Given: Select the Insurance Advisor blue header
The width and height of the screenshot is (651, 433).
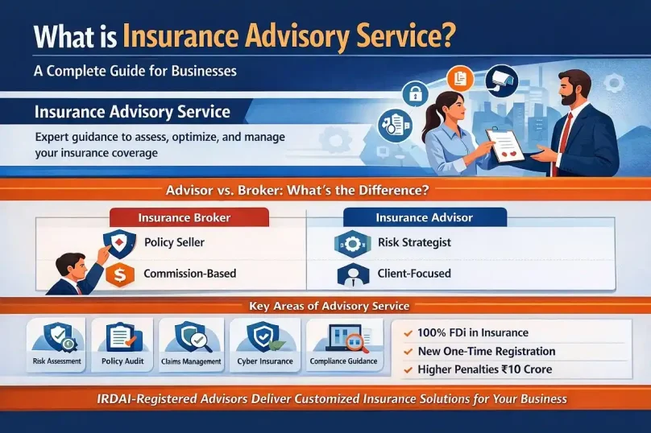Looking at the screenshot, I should pos(424,217).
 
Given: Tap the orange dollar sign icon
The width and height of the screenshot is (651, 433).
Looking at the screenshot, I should pos(119,274).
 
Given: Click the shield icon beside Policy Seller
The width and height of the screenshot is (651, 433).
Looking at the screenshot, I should pos(119,242).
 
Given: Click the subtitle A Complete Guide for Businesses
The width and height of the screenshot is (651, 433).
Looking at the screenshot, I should pos(135,70).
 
